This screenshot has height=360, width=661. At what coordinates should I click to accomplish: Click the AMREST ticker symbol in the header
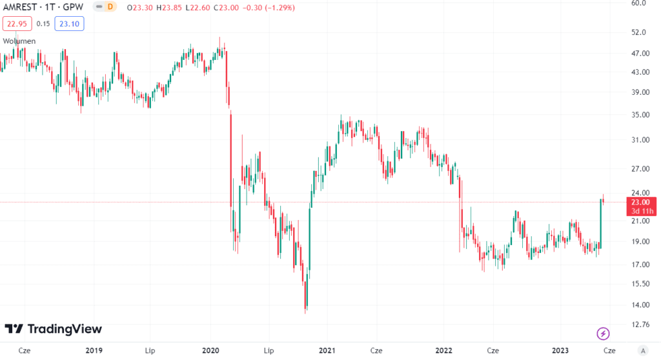point(18,7)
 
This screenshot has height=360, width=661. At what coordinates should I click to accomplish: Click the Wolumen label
point(19,41)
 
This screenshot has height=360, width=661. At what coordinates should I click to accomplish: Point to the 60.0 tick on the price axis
point(638,3)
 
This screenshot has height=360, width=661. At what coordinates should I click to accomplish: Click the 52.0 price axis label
point(638,32)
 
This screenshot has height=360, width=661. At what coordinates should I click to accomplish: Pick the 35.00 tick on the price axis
point(640,115)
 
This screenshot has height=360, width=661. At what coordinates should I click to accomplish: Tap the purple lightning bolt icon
point(602,333)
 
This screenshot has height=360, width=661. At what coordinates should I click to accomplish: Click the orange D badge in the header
point(110,7)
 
